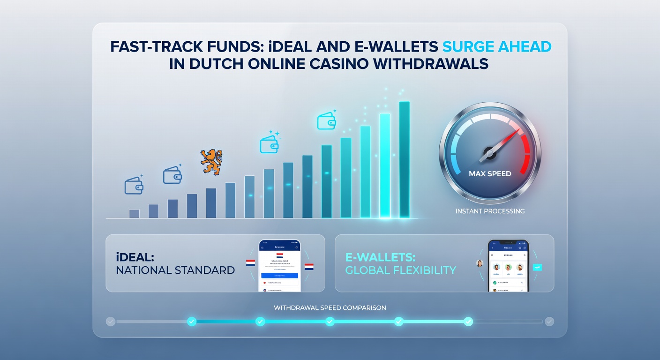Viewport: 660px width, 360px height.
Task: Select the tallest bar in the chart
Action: point(404,159)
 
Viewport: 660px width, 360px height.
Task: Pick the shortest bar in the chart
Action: point(134,213)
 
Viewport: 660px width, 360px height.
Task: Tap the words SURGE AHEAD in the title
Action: point(496,47)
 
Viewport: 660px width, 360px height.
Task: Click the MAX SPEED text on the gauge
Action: point(490,173)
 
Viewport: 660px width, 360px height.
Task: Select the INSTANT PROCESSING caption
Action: point(490,211)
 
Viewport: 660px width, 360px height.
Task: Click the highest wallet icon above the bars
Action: point(326,121)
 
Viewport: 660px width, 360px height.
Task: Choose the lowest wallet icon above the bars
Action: point(134,186)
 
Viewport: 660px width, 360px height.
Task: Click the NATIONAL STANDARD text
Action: point(174,270)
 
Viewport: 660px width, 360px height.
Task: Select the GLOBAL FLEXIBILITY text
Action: point(400,270)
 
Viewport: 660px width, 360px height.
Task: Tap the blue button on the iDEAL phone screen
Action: point(279,276)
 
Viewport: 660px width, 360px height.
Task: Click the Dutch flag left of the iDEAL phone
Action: point(250,262)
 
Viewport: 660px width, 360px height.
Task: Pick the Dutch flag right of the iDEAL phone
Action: point(309,267)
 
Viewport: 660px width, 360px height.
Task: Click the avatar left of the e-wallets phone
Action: point(480,263)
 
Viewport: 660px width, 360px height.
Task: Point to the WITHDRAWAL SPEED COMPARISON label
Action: point(330,308)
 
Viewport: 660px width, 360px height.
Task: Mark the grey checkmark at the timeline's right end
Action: point(549,322)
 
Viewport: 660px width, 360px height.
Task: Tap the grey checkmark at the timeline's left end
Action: point(111,322)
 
